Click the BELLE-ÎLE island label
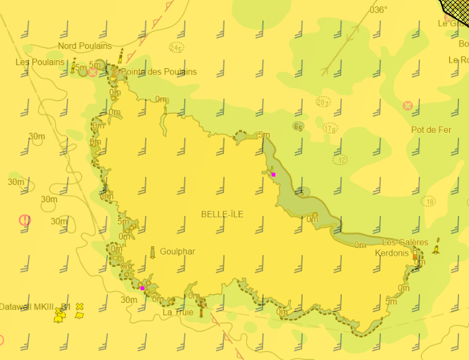[222, 214]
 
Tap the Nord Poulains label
[85, 46]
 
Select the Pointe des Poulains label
[158, 72]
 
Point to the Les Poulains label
[40, 62]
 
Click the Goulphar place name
[177, 251]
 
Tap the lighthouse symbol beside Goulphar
[153, 252]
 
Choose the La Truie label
[178, 312]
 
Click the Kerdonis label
[391, 253]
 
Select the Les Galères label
[405, 242]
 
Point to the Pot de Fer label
[431, 130]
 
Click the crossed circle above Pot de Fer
[408, 106]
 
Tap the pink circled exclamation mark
[25, 220]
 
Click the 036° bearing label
[378, 10]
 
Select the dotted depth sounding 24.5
[176, 48]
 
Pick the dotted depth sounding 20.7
[323, 102]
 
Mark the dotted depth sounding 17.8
[330, 129]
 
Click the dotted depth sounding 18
[428, 202]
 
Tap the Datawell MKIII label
[30, 307]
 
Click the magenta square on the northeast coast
[273, 174]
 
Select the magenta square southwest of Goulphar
[142, 288]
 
